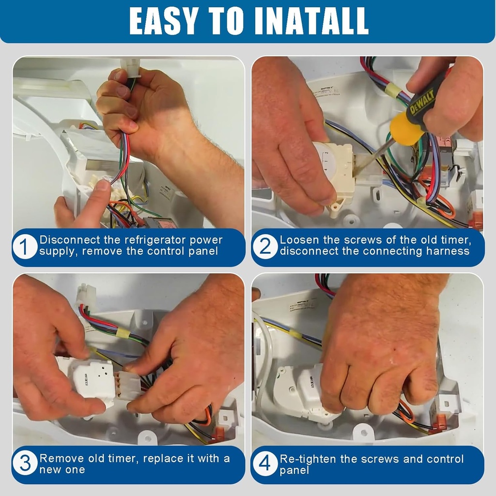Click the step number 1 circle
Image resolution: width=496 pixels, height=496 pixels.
pos(25,247)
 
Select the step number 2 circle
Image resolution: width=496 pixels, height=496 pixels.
pos(265,247)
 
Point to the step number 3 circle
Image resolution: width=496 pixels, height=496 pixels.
pos(25,464)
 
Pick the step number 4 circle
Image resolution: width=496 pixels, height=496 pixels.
pos(265,464)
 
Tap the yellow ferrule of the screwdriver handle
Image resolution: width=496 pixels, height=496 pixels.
pos(404,129)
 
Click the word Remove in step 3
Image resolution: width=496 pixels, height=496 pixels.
pos(59,458)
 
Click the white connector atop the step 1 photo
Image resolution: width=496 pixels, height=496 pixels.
pos(130,64)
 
